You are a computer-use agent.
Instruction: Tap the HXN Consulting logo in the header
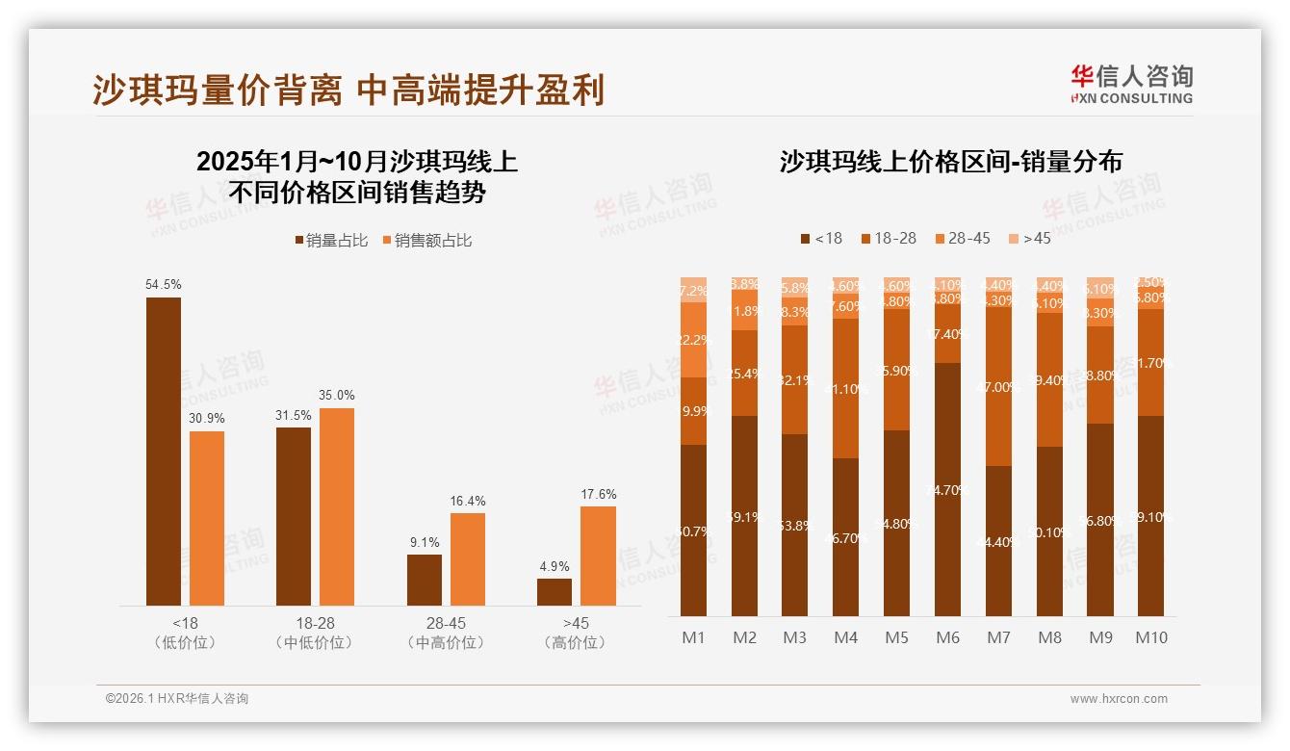pyautogui.click(x=1131, y=84)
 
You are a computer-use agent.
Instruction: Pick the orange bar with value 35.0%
pyautogui.click(x=337, y=506)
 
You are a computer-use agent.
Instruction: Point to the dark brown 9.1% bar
pyautogui.click(x=425, y=580)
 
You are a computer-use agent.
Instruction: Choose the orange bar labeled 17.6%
pyautogui.click(x=598, y=556)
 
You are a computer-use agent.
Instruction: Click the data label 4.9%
pyautogui.click(x=555, y=566)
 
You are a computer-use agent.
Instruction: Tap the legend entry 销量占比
pyautogui.click(x=331, y=241)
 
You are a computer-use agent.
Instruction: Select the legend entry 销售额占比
pyautogui.click(x=427, y=241)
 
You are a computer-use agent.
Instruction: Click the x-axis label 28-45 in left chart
pyautogui.click(x=446, y=623)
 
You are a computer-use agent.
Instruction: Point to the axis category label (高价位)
pyautogui.click(x=576, y=642)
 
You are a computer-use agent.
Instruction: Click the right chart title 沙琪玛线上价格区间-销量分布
pyautogui.click(x=951, y=162)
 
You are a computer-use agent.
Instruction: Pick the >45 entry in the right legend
pyautogui.click(x=1029, y=238)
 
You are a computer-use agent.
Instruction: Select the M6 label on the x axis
pyautogui.click(x=948, y=637)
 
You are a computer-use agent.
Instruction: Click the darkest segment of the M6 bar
pyautogui.click(x=948, y=489)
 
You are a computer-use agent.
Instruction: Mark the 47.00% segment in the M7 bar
pyautogui.click(x=999, y=386)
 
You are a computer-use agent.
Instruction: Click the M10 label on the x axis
pyautogui.click(x=1150, y=637)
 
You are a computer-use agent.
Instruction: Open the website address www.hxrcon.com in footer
pyautogui.click(x=1118, y=699)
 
